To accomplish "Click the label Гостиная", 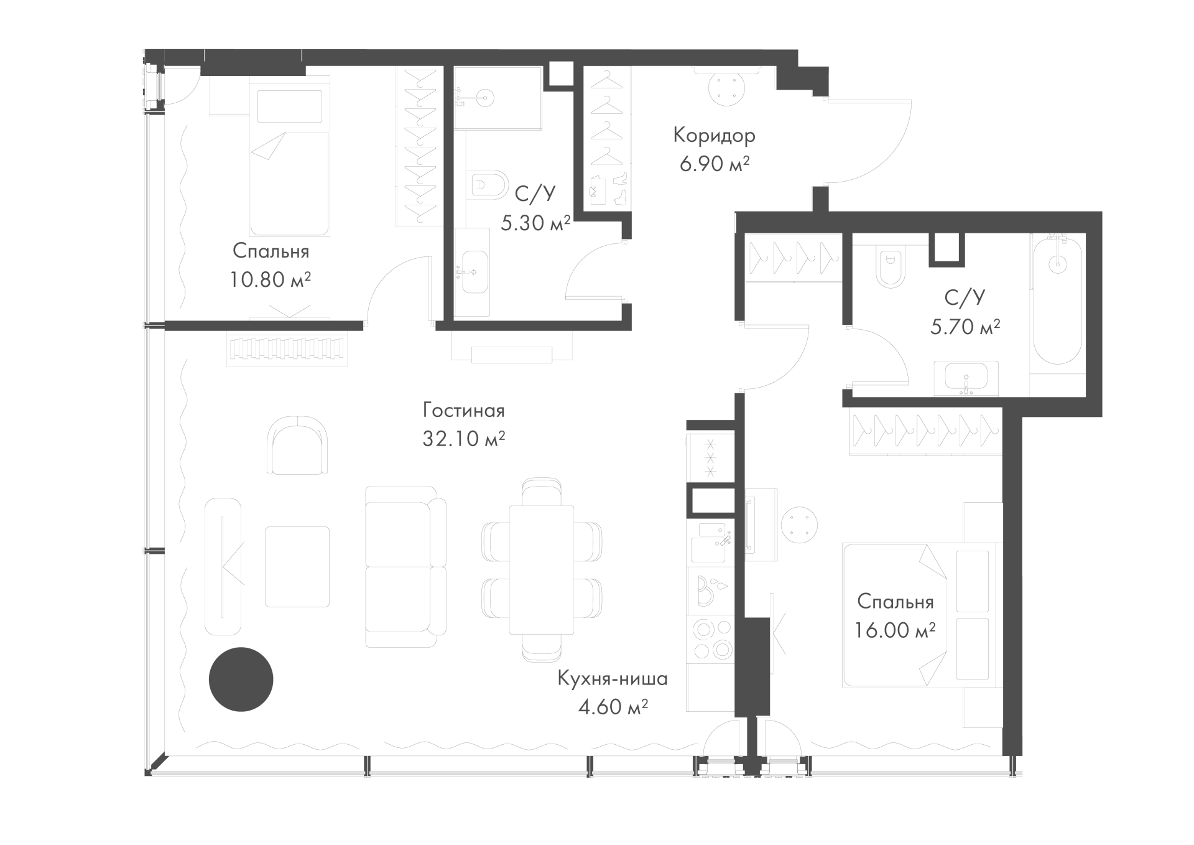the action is click(x=463, y=411).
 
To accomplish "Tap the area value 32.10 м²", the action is click(x=463, y=439).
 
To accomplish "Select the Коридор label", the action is click(x=714, y=136).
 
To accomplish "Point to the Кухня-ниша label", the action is click(x=613, y=678).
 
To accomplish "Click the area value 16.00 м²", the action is click(x=895, y=631).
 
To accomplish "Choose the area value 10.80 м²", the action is click(x=271, y=280).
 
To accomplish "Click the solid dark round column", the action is click(x=241, y=679).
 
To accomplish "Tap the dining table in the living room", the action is click(x=541, y=569).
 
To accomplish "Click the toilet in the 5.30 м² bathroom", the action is click(x=489, y=185).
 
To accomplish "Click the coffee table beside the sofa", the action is click(x=297, y=566).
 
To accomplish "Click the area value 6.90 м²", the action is click(x=714, y=164).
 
